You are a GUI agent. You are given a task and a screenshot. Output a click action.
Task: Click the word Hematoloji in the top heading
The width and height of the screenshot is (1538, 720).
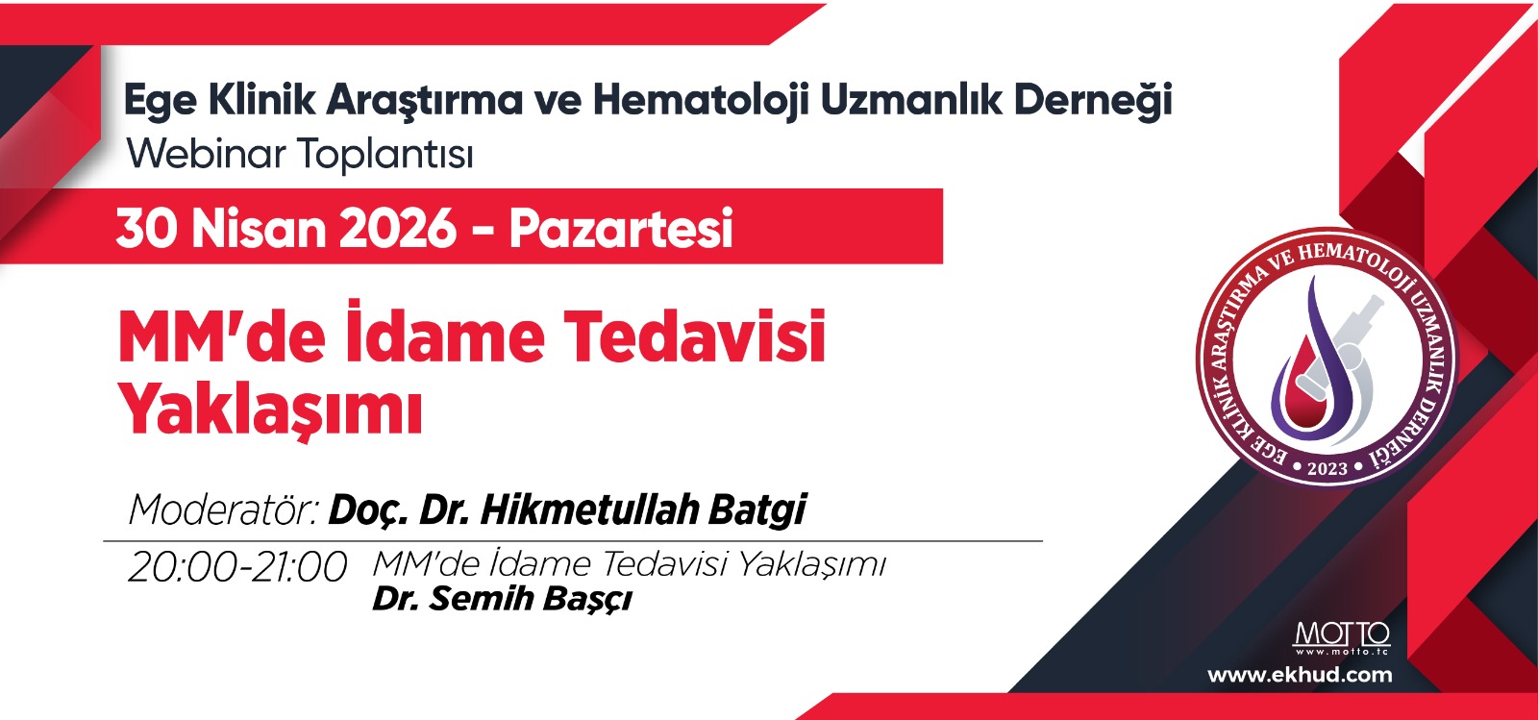click(701, 101)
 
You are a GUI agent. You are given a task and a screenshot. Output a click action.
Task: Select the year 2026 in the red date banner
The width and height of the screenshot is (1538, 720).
click(398, 229)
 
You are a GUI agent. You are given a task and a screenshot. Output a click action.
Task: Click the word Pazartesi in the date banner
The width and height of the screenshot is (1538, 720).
click(621, 229)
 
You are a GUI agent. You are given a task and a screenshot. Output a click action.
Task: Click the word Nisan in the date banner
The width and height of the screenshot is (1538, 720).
click(259, 229)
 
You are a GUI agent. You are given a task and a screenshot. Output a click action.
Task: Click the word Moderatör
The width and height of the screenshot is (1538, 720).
click(223, 510)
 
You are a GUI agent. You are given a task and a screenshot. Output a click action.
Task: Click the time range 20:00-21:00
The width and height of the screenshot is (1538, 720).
click(237, 567)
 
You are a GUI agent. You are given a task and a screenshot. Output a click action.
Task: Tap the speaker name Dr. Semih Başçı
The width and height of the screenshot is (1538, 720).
click(502, 599)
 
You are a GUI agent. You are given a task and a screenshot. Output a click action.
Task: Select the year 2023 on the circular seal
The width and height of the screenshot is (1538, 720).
click(1327, 469)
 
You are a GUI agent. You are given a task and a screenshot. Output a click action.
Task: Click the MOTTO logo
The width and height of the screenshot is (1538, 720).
click(1342, 638)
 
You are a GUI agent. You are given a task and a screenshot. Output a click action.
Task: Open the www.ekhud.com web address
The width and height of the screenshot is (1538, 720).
click(1300, 676)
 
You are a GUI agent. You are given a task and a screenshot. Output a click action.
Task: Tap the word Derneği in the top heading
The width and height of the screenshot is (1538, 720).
click(1093, 101)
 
